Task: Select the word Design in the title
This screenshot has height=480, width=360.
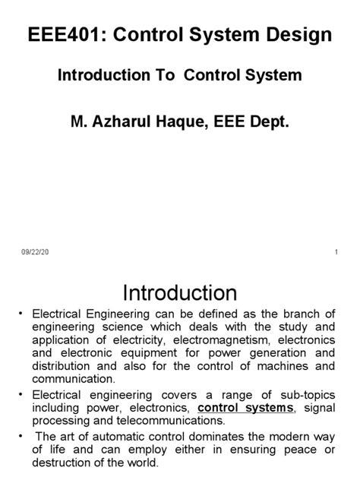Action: (x=298, y=35)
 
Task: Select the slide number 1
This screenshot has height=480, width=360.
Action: (x=335, y=252)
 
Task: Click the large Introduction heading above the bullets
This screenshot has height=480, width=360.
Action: (x=180, y=293)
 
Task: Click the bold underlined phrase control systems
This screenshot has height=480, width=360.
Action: (x=245, y=408)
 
